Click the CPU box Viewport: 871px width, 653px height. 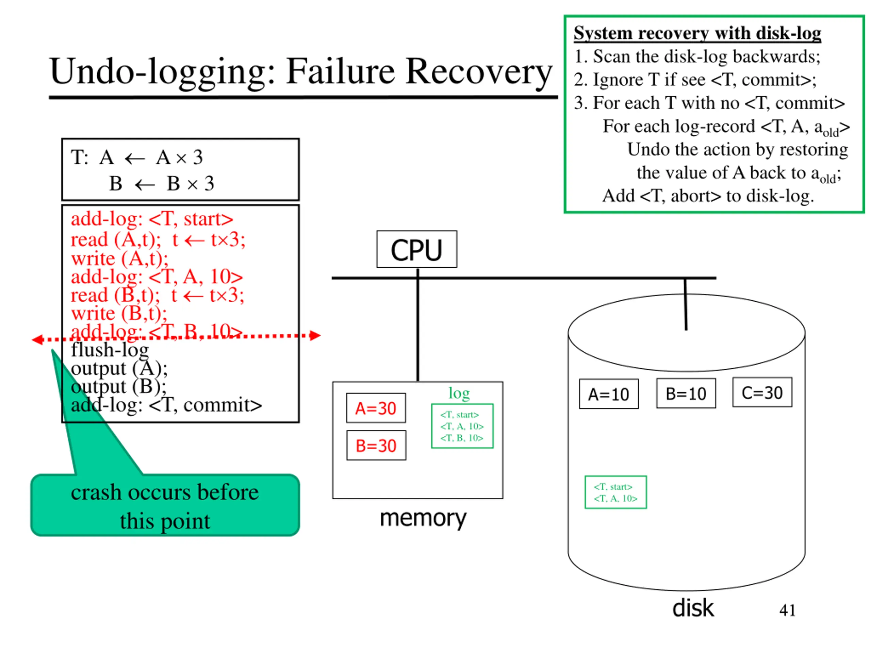pyautogui.click(x=416, y=249)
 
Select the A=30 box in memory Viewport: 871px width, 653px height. pyautogui.click(x=376, y=408)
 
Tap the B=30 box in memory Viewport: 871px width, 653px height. pyautogui.click(x=376, y=445)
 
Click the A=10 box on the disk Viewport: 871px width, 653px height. pyautogui.click(x=609, y=394)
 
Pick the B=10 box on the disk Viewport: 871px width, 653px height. pyautogui.click(x=686, y=393)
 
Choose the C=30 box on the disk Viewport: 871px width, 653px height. pyautogui.click(x=762, y=392)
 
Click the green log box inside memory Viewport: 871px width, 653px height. pyautogui.click(x=462, y=426)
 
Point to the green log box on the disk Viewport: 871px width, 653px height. pyautogui.click(x=616, y=492)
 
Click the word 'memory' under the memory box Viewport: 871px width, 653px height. pyautogui.click(x=423, y=518)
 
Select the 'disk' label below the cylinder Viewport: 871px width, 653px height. pyautogui.click(x=693, y=608)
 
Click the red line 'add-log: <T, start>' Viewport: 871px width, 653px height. pyautogui.click(x=152, y=219)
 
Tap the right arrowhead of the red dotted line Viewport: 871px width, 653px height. pyautogui.click(x=315, y=335)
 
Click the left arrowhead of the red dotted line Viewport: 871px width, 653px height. pyautogui.click(x=37, y=339)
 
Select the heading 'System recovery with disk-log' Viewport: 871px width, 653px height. pyautogui.click(x=697, y=33)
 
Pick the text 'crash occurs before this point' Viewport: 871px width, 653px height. pyautogui.click(x=165, y=506)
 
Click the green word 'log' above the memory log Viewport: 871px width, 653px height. pyautogui.click(x=459, y=393)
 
